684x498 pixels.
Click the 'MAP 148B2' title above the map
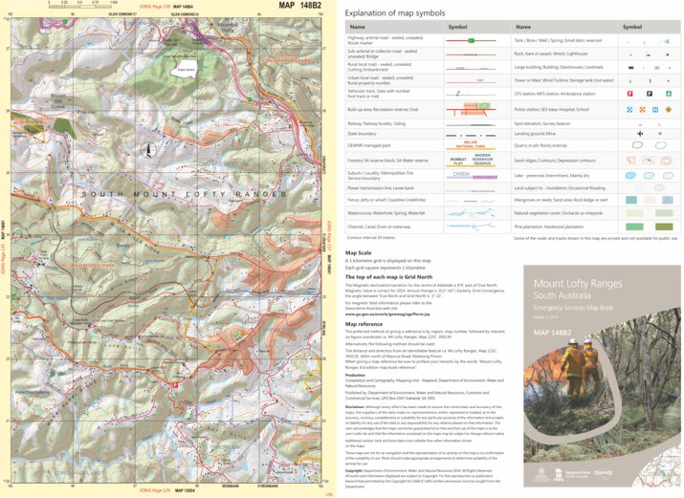tap(300, 7)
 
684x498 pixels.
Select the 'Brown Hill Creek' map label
tap(58, 98)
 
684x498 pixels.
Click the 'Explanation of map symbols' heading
tap(395, 13)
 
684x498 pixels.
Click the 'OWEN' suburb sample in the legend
tap(460, 175)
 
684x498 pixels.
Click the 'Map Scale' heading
tap(360, 253)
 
